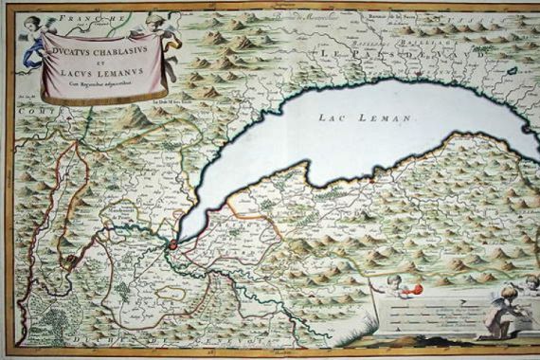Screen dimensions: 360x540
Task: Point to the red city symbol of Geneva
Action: pos(172,245)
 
